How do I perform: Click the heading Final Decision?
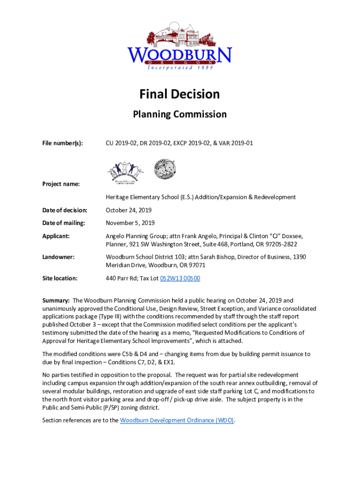pos(180,94)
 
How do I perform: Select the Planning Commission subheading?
pos(180,114)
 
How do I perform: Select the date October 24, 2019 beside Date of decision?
pos(129,210)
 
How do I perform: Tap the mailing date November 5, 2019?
pos(130,223)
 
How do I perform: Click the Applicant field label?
pos(56,236)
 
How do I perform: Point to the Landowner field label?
pos(58,257)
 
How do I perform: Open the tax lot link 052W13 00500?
pos(180,278)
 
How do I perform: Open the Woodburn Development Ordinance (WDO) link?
pos(177,420)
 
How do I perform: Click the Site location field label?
pos(60,278)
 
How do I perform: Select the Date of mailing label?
pos(64,223)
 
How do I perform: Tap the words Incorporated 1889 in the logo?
pos(180,67)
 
